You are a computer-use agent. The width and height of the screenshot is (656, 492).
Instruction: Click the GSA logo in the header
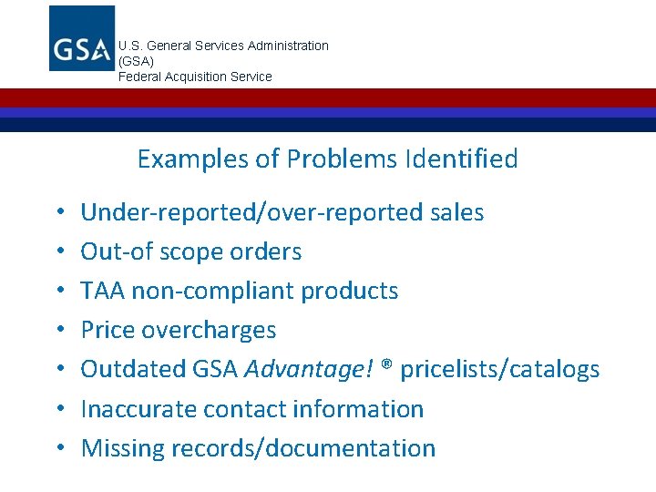click(x=82, y=38)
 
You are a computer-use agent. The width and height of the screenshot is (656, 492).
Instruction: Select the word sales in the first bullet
click(x=455, y=213)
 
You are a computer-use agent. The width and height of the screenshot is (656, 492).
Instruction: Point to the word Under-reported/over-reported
click(x=251, y=213)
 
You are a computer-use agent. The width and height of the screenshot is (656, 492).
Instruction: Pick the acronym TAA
click(x=103, y=292)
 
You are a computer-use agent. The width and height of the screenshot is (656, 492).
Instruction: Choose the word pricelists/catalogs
click(x=500, y=370)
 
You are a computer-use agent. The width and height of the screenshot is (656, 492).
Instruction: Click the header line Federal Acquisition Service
click(x=195, y=77)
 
